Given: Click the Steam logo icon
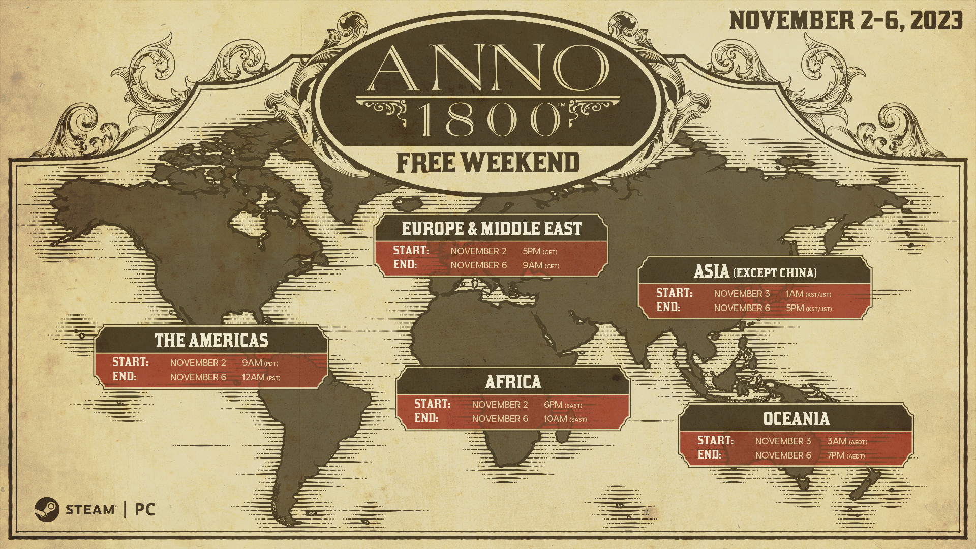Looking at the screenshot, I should tap(47, 509).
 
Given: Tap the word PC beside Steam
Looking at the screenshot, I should tap(145, 509).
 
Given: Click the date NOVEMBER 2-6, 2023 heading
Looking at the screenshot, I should tap(846, 21).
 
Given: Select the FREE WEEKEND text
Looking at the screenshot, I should tap(488, 163).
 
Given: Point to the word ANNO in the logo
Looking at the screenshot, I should tap(487, 68).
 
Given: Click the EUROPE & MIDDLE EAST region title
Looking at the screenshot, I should tap(492, 229).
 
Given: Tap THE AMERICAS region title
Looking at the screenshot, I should tap(211, 341).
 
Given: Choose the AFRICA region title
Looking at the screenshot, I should tap(513, 382).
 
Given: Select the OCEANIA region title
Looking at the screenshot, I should tap(796, 419).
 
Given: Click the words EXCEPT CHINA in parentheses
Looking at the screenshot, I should tap(775, 273).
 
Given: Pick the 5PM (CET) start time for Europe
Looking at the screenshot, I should tap(540, 251).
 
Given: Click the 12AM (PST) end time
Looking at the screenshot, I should tap(261, 377).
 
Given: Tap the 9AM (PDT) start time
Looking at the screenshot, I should tap(260, 363).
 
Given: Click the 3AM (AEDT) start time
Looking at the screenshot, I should tap(847, 441).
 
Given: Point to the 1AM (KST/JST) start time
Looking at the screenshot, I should tap(808, 294).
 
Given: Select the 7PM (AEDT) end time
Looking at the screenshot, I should tap(846, 455).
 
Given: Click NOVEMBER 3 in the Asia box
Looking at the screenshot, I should tap(742, 294).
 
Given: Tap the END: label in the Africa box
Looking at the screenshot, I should tap(426, 418).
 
